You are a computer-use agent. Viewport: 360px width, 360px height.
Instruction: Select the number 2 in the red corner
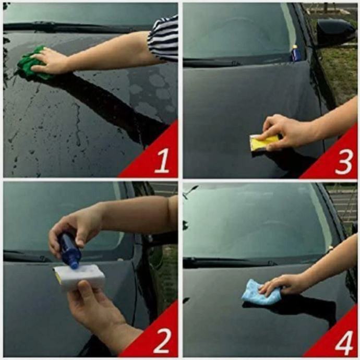point(162,341)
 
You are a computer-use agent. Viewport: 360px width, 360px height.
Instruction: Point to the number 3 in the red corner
point(344,161)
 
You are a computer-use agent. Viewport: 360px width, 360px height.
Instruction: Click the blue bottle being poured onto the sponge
point(70,251)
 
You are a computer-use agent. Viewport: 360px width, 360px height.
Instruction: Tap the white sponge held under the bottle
point(79,277)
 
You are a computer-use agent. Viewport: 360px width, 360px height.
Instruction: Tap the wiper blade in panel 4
point(230,261)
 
